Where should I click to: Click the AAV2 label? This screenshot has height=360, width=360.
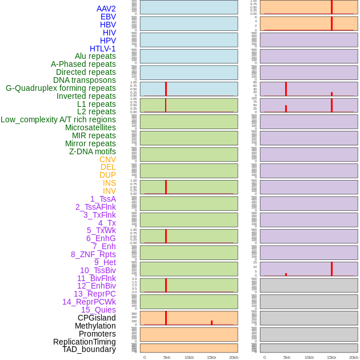click(106, 9)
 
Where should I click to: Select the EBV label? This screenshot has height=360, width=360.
click(108, 17)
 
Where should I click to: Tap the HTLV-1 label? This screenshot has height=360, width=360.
click(103, 49)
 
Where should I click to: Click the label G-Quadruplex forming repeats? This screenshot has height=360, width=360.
click(61, 88)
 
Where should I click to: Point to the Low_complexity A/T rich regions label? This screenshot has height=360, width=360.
click(58, 119)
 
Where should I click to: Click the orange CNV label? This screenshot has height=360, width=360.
click(107, 159)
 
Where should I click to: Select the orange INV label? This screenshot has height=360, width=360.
click(109, 191)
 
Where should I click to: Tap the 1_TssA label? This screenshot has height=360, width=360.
click(103, 199)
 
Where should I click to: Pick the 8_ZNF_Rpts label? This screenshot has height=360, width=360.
click(93, 254)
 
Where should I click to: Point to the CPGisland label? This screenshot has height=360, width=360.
click(97, 318)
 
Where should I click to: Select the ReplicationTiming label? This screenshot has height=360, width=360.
click(85, 342)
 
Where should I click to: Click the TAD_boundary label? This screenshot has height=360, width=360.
click(89, 349)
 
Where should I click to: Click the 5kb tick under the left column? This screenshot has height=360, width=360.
click(166, 357)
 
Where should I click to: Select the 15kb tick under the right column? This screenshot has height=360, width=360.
click(331, 357)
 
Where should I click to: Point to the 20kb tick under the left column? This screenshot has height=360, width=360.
click(234, 357)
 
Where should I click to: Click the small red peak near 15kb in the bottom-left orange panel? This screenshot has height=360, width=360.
click(211, 323)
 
